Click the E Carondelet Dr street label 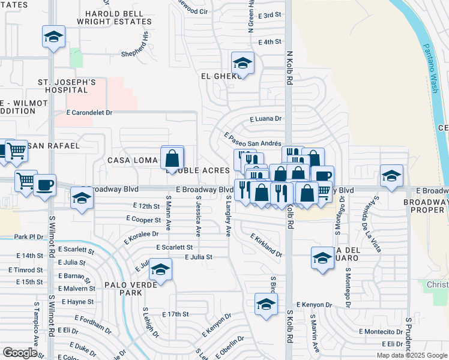[x=90, y=112]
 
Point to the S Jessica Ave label [x=197, y=217]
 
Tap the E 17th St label [x=175, y=314]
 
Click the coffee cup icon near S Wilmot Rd [x=44, y=185]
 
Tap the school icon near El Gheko [x=243, y=62]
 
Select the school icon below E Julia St [x=161, y=271]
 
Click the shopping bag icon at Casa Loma [x=172, y=158]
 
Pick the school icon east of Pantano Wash [x=391, y=176]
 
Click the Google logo [x=20, y=353]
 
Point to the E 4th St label [x=270, y=42]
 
